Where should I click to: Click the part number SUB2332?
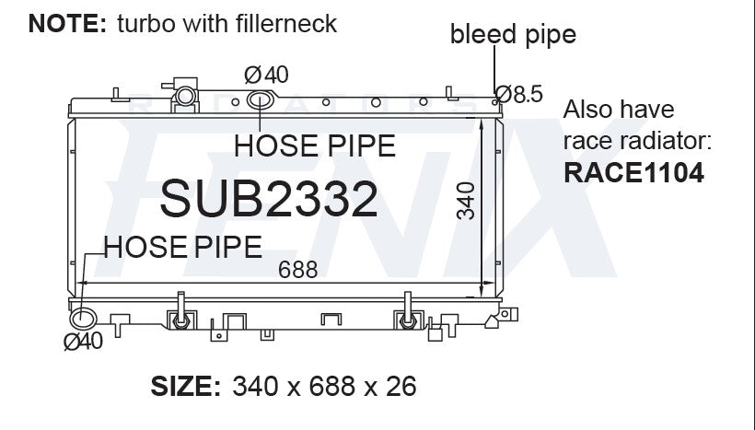click(269, 198)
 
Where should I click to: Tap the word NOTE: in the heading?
click(67, 24)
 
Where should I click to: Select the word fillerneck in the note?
click(286, 24)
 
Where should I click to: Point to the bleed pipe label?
click(513, 35)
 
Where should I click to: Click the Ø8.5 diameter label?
click(518, 94)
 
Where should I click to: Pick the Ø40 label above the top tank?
click(266, 75)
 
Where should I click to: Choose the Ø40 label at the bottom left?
click(83, 342)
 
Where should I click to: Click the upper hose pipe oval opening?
click(261, 99)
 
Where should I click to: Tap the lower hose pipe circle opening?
click(83, 319)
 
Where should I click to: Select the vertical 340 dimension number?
click(466, 201)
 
